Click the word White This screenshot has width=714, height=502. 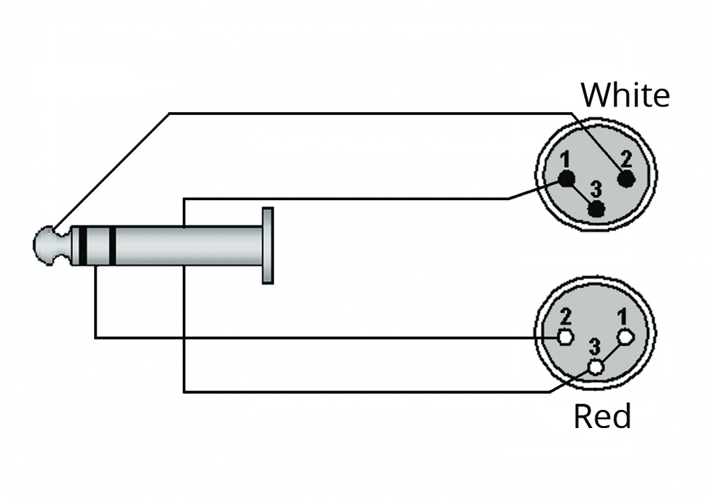(625, 95)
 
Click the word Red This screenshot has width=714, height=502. (602, 416)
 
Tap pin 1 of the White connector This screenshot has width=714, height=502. (566, 178)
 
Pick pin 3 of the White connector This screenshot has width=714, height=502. (596, 209)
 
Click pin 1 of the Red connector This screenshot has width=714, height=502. (625, 337)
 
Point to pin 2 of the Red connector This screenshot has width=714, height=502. (565, 337)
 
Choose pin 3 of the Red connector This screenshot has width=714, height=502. (595, 367)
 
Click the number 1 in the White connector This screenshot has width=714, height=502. (565, 160)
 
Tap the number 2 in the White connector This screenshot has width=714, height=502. (627, 160)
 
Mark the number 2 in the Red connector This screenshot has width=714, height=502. (565, 317)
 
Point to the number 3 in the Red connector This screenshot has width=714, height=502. (594, 347)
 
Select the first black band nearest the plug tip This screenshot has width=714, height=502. (83, 246)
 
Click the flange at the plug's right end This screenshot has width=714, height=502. (268, 245)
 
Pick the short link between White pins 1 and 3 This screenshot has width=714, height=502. (581, 194)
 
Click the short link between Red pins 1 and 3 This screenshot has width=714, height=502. (611, 353)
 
